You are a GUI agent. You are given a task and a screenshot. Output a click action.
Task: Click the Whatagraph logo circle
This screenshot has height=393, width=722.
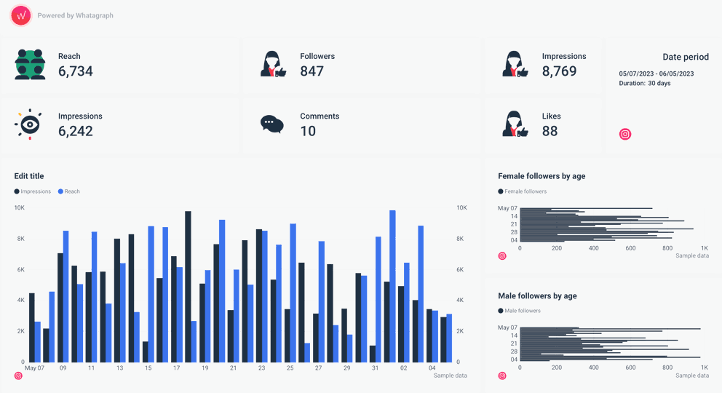[21, 15]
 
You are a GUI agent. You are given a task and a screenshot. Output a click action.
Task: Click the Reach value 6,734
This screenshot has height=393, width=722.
[76, 71]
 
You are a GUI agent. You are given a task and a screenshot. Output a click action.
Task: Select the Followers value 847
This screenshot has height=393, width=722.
[312, 71]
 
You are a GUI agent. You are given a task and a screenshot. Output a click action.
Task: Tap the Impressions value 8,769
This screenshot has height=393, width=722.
[559, 71]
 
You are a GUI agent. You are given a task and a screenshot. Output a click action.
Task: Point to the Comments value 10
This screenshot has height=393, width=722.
[308, 131]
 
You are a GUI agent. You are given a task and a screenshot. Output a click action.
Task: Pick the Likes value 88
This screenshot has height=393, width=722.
[550, 131]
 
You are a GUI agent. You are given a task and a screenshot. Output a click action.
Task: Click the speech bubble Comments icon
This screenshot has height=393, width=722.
[271, 124]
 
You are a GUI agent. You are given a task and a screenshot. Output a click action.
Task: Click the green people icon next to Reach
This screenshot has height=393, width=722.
[30, 64]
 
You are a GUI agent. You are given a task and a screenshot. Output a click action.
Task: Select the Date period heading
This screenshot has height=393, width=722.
[686, 57]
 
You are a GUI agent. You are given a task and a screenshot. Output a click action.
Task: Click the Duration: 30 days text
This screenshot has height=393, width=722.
[645, 84]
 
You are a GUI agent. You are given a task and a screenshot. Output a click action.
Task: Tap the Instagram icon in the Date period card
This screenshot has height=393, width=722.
[624, 134]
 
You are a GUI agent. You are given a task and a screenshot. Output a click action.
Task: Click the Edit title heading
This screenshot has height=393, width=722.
[29, 176]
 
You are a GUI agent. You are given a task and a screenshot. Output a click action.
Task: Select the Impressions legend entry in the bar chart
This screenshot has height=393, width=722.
[33, 191]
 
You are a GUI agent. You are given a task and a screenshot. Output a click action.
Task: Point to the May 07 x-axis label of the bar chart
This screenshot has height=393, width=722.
[34, 368]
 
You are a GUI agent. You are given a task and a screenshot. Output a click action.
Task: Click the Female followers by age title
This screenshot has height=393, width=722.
[541, 176]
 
